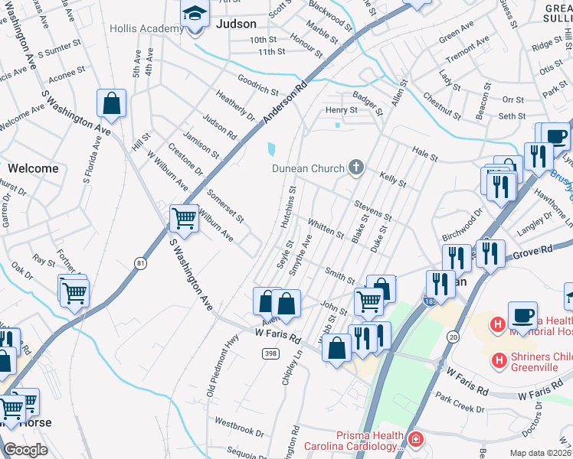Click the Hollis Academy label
point(146,28)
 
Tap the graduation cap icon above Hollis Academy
point(195,13)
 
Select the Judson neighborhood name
point(236,24)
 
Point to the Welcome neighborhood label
point(33,168)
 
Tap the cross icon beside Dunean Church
point(355,168)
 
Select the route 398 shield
point(270,353)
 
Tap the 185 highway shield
point(431,299)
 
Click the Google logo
point(25,450)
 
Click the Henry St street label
point(341,110)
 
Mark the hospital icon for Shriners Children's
point(499,360)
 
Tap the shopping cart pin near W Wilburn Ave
point(184,219)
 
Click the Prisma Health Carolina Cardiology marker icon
point(414,439)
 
